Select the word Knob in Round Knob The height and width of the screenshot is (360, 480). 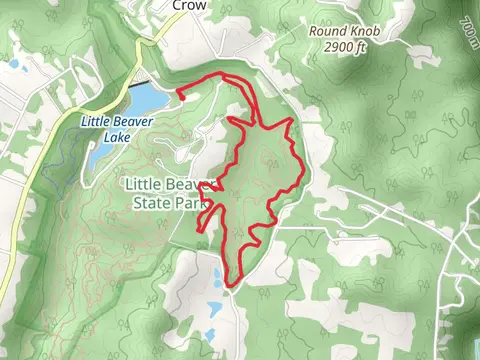click(x=364, y=31)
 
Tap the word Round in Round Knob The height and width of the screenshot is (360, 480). click(x=326, y=31)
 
